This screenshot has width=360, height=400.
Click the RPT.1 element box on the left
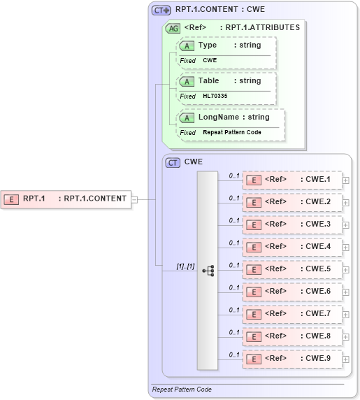(66, 199)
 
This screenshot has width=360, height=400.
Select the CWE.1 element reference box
(292, 180)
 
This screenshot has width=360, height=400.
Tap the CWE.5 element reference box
(292, 269)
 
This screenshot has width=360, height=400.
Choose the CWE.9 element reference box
(292, 359)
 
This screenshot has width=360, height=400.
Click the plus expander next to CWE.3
(346, 224)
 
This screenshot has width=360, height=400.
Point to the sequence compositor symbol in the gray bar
(208, 270)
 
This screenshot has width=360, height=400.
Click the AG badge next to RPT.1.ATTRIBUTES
(172, 29)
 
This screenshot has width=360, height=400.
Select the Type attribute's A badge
(187, 45)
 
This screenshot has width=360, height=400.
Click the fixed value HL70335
(215, 96)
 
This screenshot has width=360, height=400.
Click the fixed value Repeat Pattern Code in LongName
(233, 132)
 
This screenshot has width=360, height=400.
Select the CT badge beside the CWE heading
(172, 162)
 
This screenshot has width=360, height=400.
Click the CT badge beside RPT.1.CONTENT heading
(161, 10)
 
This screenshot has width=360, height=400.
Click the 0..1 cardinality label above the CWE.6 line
(234, 287)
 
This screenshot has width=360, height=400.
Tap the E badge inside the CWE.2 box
(255, 203)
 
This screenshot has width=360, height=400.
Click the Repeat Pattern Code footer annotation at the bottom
(182, 389)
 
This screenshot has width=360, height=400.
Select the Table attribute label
(208, 81)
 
